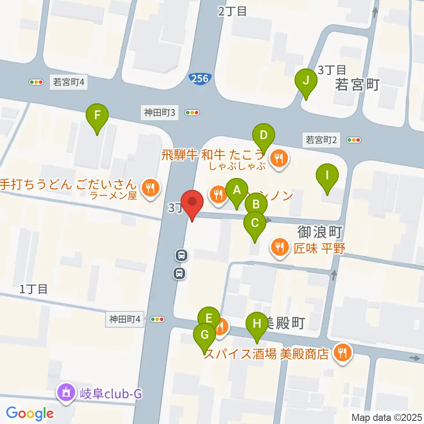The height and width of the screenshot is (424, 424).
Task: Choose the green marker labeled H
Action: [x=257, y=324]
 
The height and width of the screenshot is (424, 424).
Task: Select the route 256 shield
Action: [x=200, y=78]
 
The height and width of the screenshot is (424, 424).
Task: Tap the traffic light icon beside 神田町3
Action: [x=193, y=113]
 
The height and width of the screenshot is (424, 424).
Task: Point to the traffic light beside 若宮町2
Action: [x=354, y=140]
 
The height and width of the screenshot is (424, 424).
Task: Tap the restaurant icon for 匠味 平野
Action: [x=279, y=247]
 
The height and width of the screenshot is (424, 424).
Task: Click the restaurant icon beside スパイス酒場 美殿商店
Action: [x=342, y=352]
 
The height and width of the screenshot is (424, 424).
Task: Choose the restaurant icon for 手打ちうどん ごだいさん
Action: [x=150, y=188]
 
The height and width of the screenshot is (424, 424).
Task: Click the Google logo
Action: [x=30, y=413]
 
